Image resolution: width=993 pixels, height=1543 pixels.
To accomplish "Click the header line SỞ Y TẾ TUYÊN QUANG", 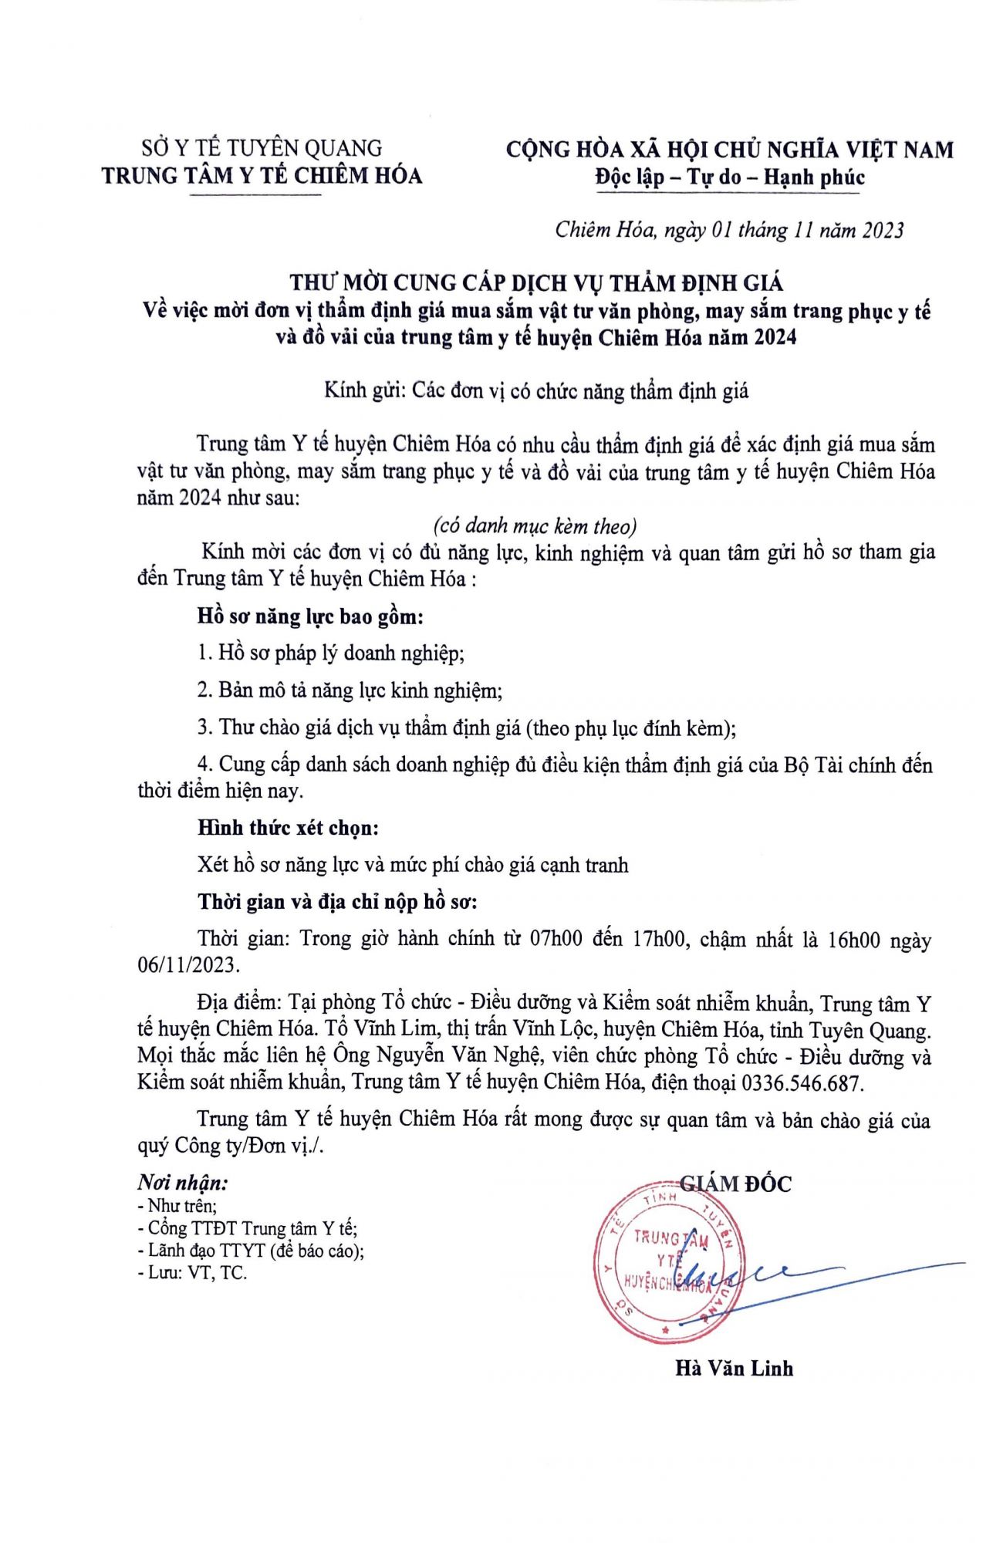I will pos(262,147).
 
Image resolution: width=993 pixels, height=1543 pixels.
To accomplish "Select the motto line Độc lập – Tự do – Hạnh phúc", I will pos(729,177).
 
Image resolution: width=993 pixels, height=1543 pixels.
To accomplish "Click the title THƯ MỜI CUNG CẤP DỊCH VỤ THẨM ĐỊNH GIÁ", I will pos(536,283).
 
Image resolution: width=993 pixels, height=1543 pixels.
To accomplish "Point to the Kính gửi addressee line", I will pos(536,391).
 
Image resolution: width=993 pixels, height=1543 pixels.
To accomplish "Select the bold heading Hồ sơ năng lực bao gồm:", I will pos(311,616).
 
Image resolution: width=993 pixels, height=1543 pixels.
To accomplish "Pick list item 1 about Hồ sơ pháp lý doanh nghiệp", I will pos(331,653).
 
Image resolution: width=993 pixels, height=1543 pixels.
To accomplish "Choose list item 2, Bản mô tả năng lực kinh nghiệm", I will pos(350,690).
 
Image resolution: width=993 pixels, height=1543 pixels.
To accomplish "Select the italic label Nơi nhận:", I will pos(183,1183).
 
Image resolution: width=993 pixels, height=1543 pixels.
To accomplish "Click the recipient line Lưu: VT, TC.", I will pos(192,1273).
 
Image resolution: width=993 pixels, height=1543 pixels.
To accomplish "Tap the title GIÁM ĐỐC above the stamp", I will pos(735,1183).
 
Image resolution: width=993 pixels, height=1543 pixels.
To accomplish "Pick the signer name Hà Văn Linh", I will pos(734,1369).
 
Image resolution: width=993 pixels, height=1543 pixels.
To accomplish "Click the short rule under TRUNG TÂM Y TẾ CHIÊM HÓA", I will pos(255,195).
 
